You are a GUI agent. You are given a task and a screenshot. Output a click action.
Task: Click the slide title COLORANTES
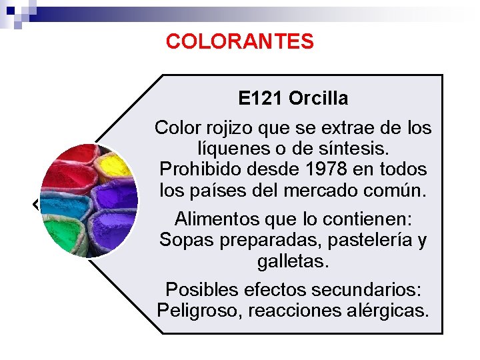[x=239, y=41]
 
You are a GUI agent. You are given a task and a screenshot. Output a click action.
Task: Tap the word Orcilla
[x=318, y=99]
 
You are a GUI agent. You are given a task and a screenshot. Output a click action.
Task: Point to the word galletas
[x=293, y=261]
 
